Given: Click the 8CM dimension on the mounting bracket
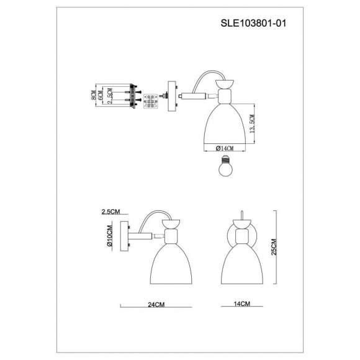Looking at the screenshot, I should point(92,97).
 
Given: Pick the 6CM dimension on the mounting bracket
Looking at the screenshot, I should point(100,97).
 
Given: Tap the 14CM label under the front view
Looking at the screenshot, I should point(243,305).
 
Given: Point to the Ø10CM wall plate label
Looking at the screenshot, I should point(109,238).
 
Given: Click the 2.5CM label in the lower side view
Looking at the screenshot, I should point(109,212).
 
